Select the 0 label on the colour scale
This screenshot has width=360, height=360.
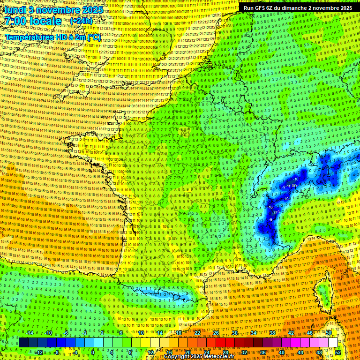point(92,352)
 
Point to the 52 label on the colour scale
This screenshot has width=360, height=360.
point(337,352)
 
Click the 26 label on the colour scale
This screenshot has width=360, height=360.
point(216,333)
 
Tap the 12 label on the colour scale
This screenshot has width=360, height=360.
point(150,352)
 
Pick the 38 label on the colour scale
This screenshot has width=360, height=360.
point(272,333)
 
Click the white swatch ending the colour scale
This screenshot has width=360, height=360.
point(333,343)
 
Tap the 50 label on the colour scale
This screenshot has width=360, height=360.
point(329,333)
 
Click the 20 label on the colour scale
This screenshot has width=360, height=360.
point(188,352)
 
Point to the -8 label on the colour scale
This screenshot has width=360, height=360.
point(56,352)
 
